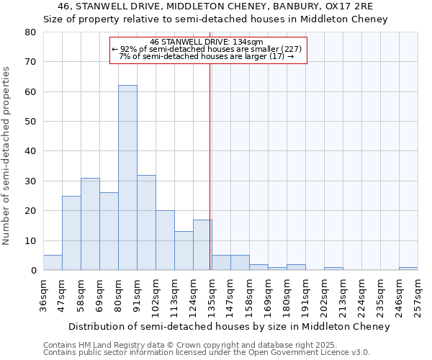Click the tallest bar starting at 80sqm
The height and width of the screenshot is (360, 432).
pos(127,178)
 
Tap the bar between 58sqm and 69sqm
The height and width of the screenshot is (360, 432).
pos(90,224)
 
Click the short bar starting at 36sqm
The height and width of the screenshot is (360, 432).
pos(53,263)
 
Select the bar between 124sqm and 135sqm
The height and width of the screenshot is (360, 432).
pos(202,245)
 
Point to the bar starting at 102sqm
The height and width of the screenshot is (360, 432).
pos(165,240)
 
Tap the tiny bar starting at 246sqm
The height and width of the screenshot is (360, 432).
pos(408,269)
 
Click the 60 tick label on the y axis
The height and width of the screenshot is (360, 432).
pos(30,91)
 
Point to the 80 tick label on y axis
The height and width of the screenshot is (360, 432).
pos(30,32)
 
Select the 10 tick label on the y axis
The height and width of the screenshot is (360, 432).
pos(30,240)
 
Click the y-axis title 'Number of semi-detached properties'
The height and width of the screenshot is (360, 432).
pos(7,155)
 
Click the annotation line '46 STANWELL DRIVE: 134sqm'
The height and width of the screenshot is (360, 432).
pos(207,42)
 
